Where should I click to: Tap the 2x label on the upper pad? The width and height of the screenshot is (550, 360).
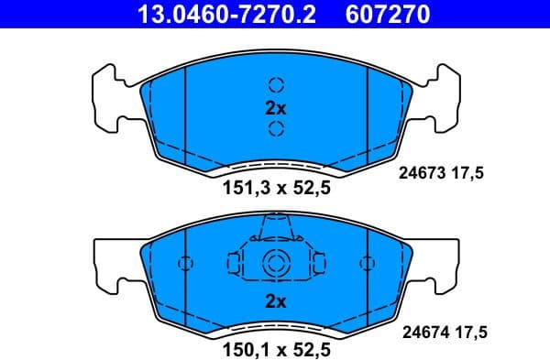(276, 108)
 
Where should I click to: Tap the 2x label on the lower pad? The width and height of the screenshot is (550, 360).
(276, 300)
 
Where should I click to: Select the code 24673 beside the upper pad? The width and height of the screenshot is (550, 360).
(421, 170)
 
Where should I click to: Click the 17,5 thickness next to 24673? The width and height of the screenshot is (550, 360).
(474, 170)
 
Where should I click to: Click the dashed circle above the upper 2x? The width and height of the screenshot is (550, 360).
(276, 85)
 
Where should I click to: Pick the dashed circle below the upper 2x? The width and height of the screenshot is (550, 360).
(276, 129)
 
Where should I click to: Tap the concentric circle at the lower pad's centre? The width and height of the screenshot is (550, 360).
(276, 264)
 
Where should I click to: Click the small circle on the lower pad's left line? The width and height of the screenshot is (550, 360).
(186, 264)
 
